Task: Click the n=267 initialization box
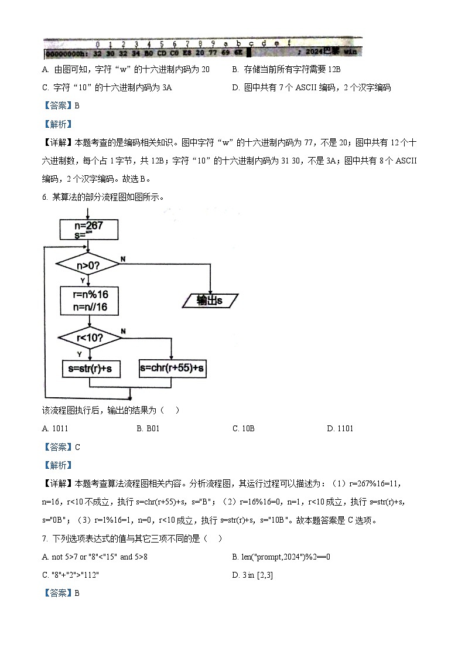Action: (89, 229)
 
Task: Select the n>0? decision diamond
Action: (88, 265)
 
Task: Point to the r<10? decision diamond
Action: (89, 337)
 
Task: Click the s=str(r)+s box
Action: (89, 369)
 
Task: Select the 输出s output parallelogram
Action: (210, 300)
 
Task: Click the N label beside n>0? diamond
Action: (122, 258)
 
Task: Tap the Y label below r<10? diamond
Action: (80, 354)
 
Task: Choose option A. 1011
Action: (55, 428)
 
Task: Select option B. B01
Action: (148, 428)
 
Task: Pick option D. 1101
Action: (340, 428)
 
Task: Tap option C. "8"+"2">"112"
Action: (70, 575)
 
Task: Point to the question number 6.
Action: (45, 197)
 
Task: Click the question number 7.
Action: (45, 538)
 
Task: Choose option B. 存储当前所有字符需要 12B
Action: (286, 70)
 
